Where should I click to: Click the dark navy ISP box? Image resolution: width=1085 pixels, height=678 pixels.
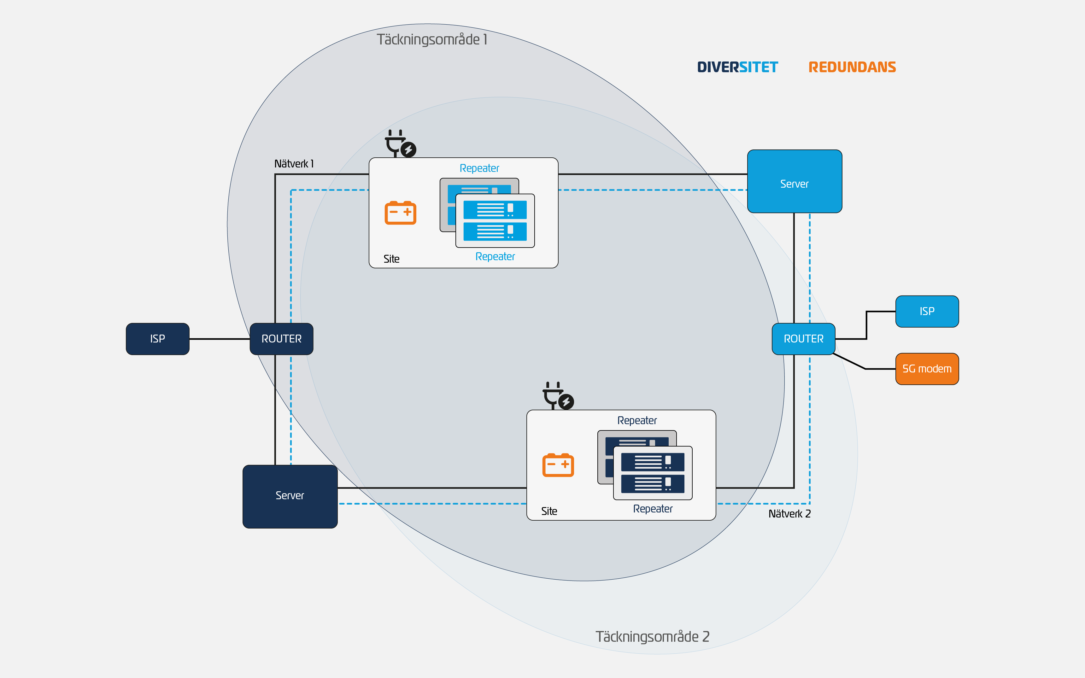[157, 339]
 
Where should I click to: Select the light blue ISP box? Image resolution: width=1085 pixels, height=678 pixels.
[927, 311]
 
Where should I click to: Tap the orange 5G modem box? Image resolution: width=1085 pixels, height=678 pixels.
[927, 369]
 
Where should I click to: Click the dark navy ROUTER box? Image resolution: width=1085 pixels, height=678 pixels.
[281, 339]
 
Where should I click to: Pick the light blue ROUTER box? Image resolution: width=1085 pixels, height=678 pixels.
[803, 339]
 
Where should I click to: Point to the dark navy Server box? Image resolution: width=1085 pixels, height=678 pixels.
[290, 496]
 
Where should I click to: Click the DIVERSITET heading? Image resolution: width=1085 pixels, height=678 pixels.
[737, 67]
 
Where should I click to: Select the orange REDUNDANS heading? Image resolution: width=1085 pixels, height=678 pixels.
[852, 67]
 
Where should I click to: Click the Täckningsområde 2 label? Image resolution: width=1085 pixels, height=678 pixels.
[652, 636]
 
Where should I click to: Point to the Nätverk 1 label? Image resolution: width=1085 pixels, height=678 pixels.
[294, 164]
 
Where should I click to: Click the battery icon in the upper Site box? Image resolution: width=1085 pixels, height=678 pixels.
[400, 213]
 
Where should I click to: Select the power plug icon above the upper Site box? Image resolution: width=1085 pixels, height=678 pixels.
[400, 143]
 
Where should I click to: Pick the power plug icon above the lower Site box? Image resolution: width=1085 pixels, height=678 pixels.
[557, 395]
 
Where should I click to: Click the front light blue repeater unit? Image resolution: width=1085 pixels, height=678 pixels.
[495, 221]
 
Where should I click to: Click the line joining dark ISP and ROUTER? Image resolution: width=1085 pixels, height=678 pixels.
[219, 339]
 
